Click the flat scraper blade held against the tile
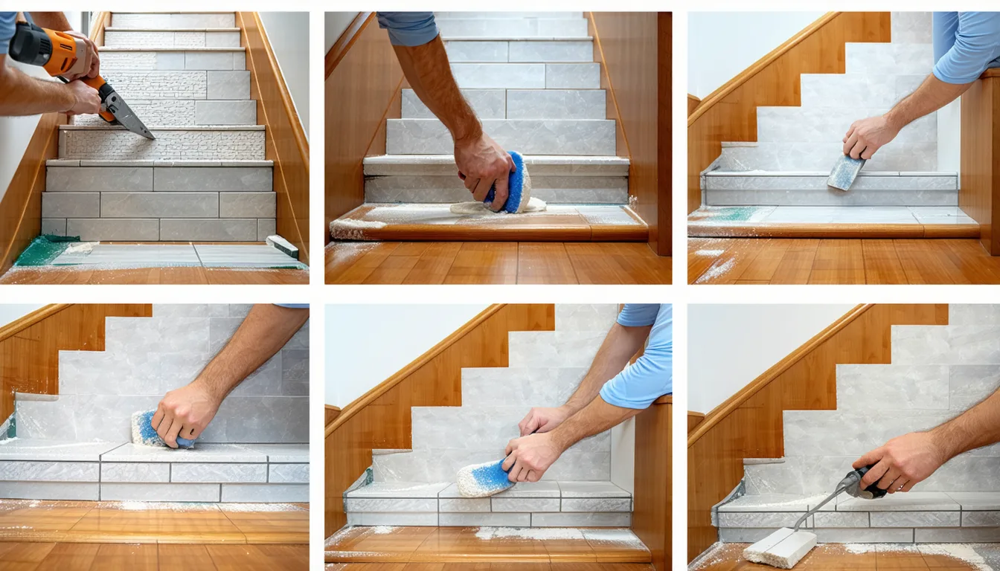pos(846,172)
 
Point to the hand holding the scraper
pos(869,135)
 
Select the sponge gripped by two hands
pos(484,477)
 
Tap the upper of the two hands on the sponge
pos(542,421)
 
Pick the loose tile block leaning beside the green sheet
pos(282,246)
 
